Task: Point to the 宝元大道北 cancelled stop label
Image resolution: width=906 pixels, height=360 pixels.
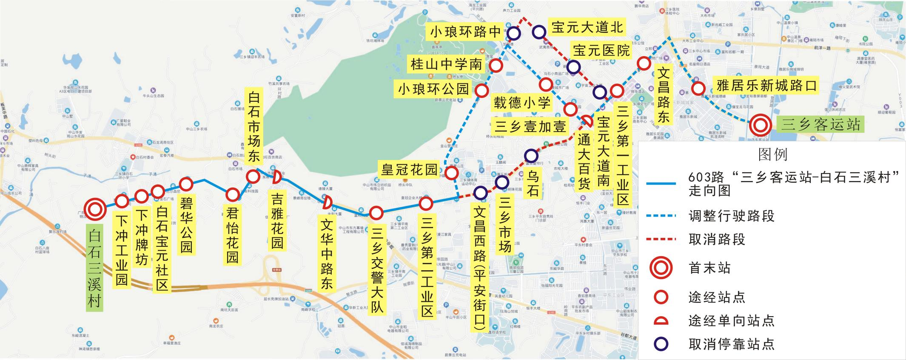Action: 587,28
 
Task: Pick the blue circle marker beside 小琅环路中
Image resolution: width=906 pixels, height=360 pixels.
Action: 514,34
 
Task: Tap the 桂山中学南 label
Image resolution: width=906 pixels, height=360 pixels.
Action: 446,65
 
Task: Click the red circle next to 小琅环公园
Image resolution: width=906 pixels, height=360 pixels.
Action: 482,90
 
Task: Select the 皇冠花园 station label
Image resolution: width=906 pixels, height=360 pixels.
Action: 409,170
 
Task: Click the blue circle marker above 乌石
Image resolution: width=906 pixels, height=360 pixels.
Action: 531,156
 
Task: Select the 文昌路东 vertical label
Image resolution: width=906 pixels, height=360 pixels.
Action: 663,95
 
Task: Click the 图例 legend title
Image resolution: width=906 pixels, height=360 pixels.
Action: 772,154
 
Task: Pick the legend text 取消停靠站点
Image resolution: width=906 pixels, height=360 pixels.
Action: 731,344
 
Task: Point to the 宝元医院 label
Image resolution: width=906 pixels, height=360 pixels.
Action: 601,51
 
